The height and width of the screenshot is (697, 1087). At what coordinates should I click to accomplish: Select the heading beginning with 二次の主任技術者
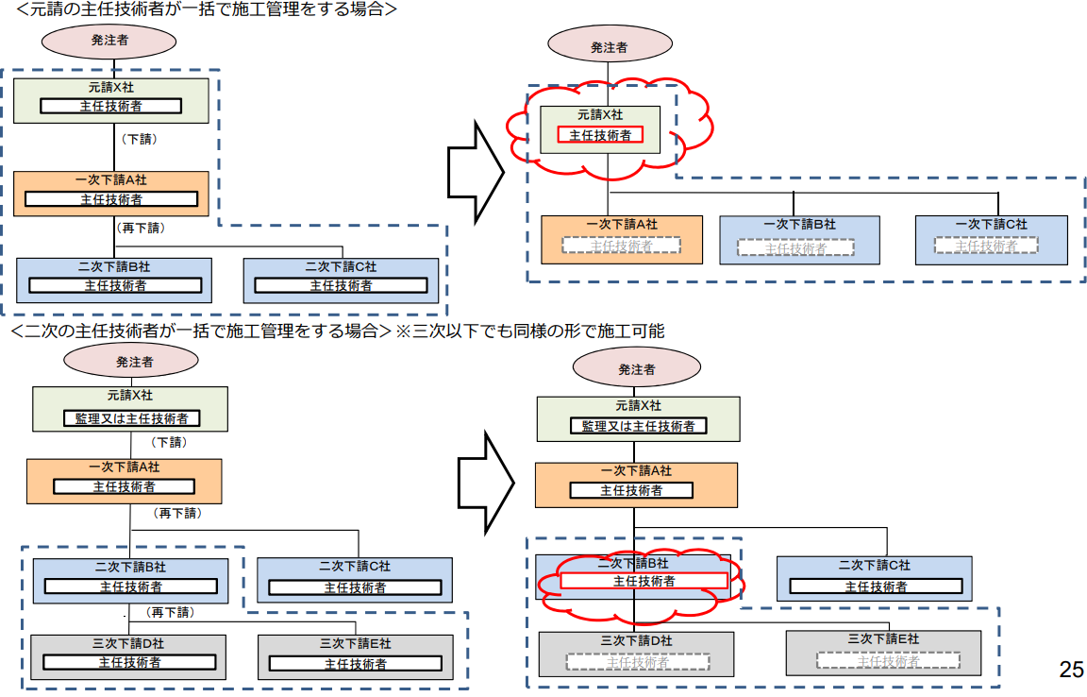199,331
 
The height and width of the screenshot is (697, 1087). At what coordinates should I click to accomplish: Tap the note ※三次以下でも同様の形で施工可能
528,331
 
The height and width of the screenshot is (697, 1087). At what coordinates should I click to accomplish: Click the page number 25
1071,670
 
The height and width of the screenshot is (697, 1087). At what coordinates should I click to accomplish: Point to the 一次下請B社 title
799,225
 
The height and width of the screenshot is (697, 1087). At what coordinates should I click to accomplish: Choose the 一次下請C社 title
991,225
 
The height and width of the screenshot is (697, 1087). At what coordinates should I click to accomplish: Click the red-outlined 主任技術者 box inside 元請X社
600,135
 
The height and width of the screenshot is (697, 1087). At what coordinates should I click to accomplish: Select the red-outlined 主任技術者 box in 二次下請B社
644,581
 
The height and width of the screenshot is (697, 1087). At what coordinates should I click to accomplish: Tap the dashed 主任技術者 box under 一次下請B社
795,247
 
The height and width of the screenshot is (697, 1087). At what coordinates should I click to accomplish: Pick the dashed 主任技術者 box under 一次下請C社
986,246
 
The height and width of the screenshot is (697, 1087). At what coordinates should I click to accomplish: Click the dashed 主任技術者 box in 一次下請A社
621,246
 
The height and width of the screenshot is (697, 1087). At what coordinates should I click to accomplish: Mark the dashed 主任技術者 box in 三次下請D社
638,662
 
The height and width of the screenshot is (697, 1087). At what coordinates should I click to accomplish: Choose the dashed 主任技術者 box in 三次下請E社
888,661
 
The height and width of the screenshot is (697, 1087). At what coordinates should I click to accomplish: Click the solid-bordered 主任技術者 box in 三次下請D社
129,662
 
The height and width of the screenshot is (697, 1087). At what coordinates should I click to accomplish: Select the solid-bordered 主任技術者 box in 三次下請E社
355,664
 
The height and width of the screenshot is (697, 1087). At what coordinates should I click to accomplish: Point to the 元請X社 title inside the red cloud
600,114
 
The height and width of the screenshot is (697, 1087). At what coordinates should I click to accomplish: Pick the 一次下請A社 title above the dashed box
621,225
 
